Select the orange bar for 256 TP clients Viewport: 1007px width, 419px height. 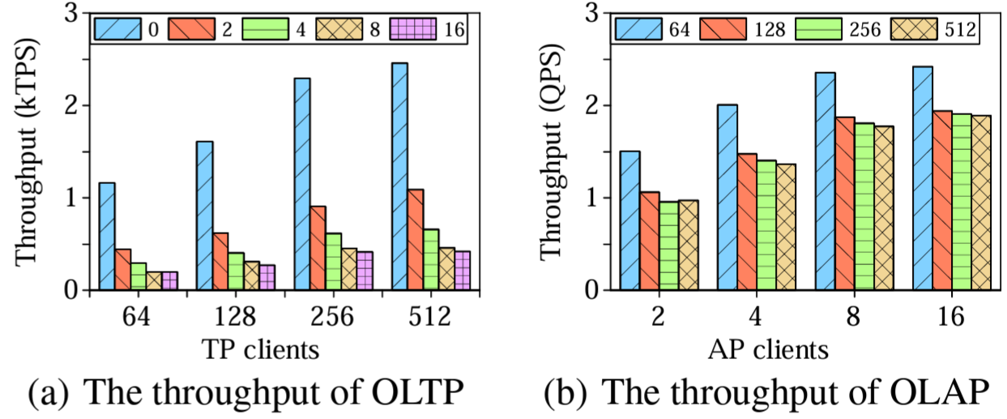point(318,248)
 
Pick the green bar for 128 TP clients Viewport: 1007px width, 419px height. point(236,271)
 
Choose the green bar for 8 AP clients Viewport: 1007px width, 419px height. point(864,206)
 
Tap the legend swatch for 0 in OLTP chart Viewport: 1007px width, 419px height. point(117,30)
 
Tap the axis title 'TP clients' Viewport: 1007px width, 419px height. point(258,350)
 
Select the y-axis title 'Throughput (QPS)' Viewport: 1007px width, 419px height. point(553,152)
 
